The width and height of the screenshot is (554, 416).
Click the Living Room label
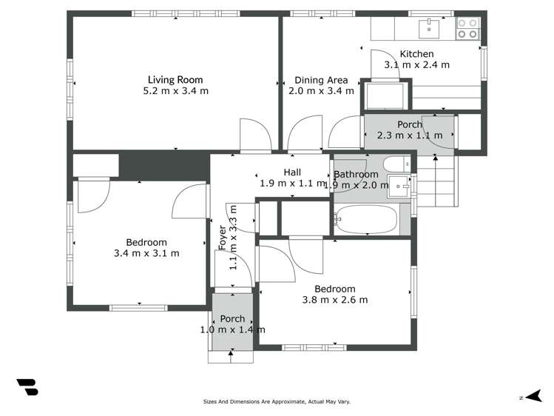pos(175,80)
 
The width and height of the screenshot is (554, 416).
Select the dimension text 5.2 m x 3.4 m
pos(175,91)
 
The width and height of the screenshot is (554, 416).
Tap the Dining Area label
pos(321,80)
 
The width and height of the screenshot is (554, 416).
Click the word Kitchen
pos(416,54)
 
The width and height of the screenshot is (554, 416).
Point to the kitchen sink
pos(429,28)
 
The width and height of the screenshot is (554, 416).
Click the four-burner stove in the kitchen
pos(467,28)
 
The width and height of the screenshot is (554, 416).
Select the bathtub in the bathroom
pos(366,219)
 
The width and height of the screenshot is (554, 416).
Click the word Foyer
pos(222,237)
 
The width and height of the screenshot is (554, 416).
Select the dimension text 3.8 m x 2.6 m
pos(334,300)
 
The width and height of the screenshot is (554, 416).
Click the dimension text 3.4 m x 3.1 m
pos(146,253)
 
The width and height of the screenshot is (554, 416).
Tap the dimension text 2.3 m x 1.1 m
pos(409,135)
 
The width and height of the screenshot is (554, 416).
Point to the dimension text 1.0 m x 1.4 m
pos(232,330)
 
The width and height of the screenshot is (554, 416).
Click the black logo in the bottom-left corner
pos(27,387)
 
